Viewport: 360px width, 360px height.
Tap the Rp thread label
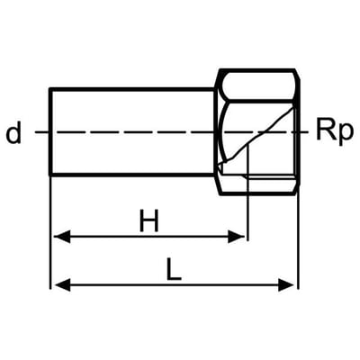(x=335, y=132)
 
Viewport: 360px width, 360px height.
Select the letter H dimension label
(x=148, y=220)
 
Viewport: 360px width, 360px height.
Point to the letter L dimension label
(x=174, y=269)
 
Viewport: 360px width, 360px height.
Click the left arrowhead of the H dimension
(x=62, y=237)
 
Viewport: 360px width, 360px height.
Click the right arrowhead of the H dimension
(x=237, y=237)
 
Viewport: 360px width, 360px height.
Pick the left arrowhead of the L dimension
(x=63, y=284)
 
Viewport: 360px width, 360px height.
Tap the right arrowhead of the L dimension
(x=286, y=284)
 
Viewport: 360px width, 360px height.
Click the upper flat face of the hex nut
(x=258, y=85)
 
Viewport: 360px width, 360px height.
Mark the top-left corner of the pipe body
(x=50, y=89)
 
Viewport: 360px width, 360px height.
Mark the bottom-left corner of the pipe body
(x=50, y=174)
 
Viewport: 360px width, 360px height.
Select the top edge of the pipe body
(x=132, y=89)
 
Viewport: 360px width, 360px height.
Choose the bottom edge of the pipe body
(x=132, y=174)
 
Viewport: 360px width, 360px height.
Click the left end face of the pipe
(x=50, y=131)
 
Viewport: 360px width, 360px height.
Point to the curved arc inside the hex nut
(x=222, y=132)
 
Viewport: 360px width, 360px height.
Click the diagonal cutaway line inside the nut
(x=256, y=136)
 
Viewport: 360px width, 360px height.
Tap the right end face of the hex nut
(x=298, y=132)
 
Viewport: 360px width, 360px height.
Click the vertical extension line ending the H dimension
(x=247, y=193)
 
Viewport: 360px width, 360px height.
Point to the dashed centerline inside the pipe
(x=133, y=132)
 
